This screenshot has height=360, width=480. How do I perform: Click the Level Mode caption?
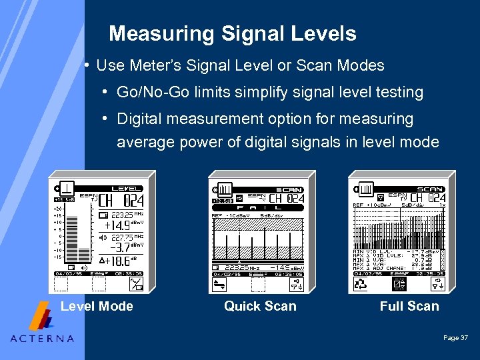(97, 307)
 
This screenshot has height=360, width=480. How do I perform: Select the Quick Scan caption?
(260, 307)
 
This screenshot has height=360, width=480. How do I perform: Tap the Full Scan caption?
(409, 307)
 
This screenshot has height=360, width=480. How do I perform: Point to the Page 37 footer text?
(455, 339)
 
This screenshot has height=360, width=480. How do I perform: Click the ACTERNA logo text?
(42, 338)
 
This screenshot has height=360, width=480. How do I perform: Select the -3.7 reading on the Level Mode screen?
(120, 247)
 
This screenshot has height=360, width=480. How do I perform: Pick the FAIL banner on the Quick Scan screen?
(257, 208)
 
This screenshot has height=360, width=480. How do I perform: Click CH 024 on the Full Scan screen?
(427, 198)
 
